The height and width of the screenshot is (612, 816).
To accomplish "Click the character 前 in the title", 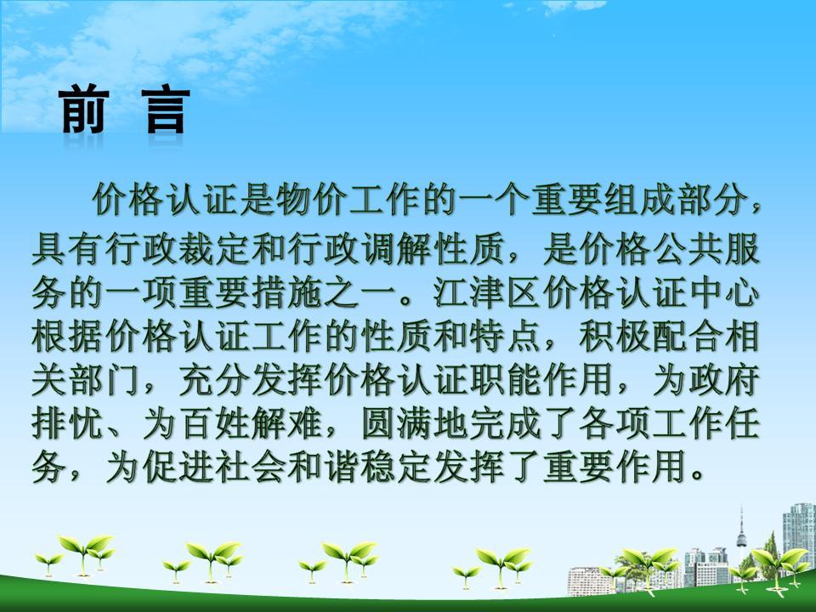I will click(x=84, y=110).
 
